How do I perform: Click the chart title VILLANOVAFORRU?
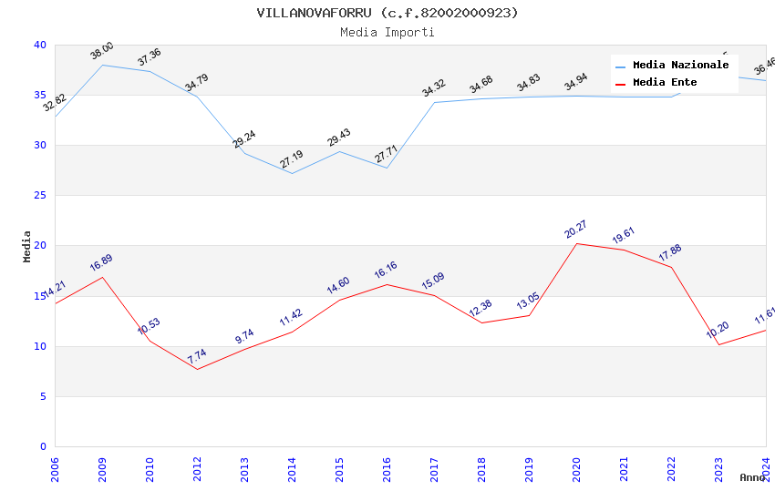click(x=387, y=13)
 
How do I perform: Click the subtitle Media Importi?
click(x=387, y=32)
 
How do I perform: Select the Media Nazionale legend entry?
click(x=680, y=65)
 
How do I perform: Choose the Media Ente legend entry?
click(x=665, y=82)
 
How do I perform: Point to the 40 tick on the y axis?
click(x=40, y=45)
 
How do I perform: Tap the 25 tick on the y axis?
click(x=40, y=195)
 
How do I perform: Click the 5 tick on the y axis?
click(x=43, y=396)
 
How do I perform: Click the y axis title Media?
click(x=27, y=246)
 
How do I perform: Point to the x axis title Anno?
click(x=752, y=477)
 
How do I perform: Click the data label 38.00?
click(x=102, y=51)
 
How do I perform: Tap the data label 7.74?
click(x=197, y=356)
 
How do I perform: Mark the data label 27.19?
click(x=292, y=160)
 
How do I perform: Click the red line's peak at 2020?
click(x=576, y=243)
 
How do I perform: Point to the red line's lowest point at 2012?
click(x=197, y=369)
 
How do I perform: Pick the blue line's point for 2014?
click(x=292, y=173)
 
